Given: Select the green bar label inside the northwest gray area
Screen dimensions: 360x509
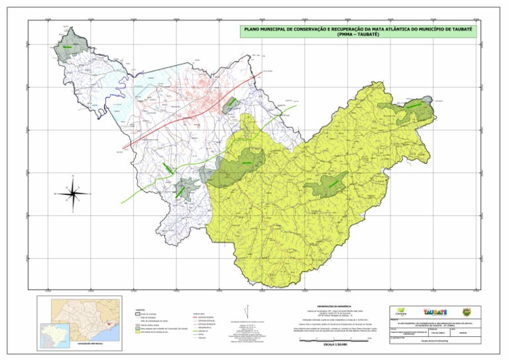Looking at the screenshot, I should coord(67,48).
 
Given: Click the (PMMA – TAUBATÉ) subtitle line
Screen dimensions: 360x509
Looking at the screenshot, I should coord(357,35).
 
